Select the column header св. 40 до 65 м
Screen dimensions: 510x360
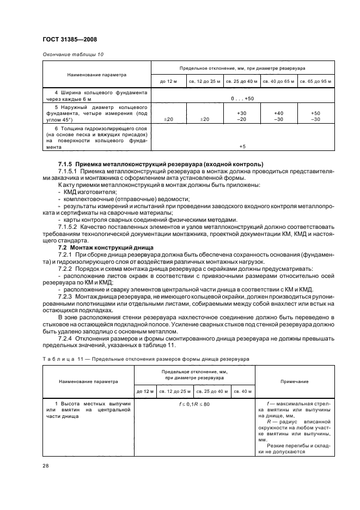[x=278, y=82]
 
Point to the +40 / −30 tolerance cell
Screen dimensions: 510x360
[x=278, y=116]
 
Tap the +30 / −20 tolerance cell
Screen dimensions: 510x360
[x=242, y=116]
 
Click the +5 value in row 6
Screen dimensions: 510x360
[x=242, y=146]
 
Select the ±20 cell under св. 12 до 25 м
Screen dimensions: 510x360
[x=205, y=119]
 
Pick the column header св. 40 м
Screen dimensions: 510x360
[x=242, y=392]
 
